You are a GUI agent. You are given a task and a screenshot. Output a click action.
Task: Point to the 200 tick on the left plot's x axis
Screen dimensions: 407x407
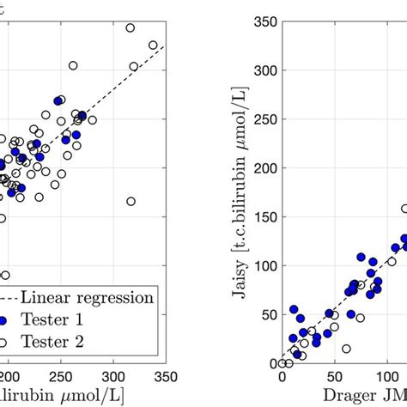click(x=9, y=377)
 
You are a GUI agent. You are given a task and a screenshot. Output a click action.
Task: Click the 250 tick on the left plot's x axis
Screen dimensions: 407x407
click(x=59, y=377)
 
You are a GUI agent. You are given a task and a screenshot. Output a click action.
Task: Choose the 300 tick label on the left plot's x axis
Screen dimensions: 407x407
click(x=112, y=377)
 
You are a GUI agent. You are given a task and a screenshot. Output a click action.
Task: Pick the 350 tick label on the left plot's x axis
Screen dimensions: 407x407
click(x=164, y=377)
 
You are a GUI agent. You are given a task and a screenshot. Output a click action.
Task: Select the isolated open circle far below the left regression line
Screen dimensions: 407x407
click(x=131, y=201)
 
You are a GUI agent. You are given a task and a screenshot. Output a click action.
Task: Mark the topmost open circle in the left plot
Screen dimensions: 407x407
click(x=131, y=28)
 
